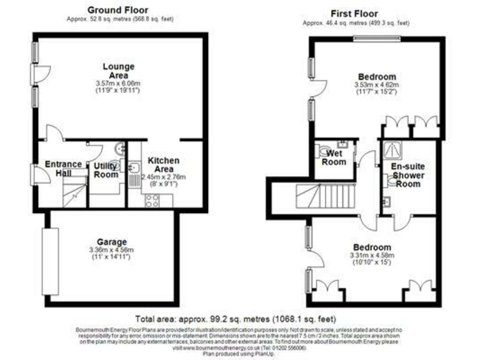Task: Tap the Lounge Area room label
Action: pos(118,71)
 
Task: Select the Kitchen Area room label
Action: pos(164,165)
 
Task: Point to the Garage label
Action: pos(112,242)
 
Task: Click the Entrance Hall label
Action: pos(63,169)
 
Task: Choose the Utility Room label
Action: pos(106,171)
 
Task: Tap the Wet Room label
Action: pos(335,157)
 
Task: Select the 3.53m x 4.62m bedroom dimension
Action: pos(376,84)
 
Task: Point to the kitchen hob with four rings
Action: pos(152,200)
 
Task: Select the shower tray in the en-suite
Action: pos(395,148)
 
